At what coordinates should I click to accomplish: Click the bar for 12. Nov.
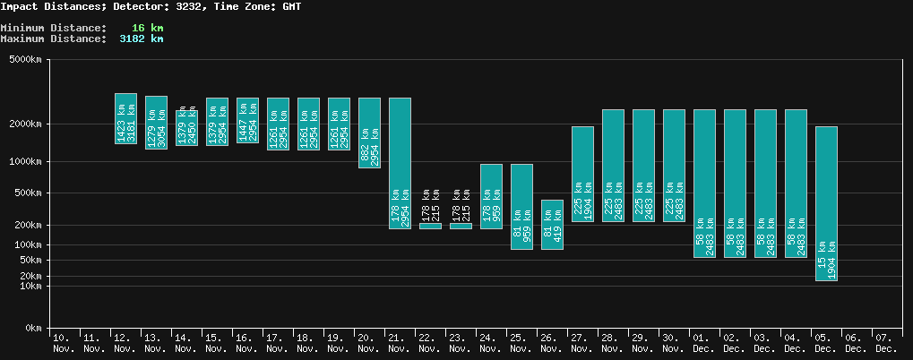[125, 118]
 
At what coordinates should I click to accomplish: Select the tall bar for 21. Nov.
[400, 163]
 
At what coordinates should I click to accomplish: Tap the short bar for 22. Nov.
[430, 226]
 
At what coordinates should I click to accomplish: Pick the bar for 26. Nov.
[552, 224]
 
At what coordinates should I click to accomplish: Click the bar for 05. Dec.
[826, 203]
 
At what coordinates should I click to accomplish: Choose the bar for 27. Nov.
[582, 174]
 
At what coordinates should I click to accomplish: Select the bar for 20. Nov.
[369, 133]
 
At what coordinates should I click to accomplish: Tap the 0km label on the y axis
[33, 329]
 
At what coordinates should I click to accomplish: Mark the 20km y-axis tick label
[30, 277]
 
